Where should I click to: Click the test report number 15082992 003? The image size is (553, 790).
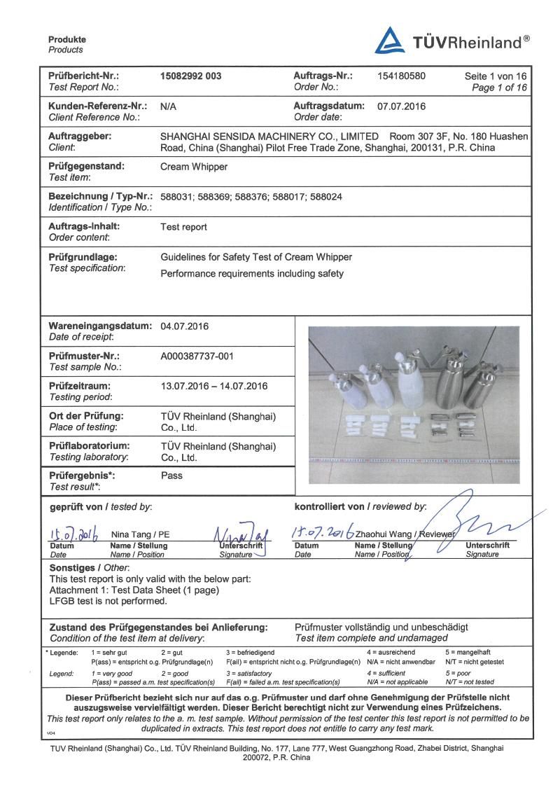(x=191, y=76)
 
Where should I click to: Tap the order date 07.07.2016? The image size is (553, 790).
(x=401, y=106)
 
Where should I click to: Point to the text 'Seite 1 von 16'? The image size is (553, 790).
(x=496, y=76)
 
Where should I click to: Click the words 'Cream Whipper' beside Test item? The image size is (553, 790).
(x=188, y=167)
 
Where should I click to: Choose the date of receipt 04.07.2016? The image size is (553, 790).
(x=185, y=326)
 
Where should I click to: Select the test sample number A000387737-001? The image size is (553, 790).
(x=197, y=356)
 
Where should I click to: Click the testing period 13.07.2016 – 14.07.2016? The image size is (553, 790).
(x=214, y=386)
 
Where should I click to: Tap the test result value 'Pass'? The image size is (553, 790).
(x=171, y=476)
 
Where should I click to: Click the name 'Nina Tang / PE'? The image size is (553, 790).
(x=141, y=534)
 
